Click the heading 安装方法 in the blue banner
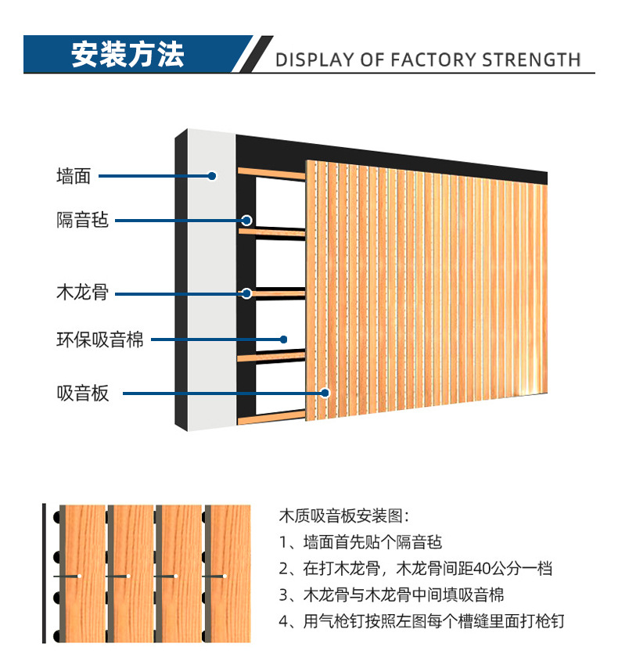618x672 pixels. tap(128, 54)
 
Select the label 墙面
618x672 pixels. tap(74, 177)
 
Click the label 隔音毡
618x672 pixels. tap(82, 221)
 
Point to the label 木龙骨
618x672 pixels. tap(82, 294)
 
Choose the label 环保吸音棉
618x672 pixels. tap(100, 340)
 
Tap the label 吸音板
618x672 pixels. tap(82, 393)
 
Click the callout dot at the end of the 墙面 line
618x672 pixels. tap(211, 177)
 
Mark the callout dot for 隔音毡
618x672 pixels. tap(246, 221)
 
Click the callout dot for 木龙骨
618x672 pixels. tap(246, 294)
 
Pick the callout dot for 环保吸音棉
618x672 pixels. tap(285, 340)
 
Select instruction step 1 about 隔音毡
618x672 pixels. tap(360, 542)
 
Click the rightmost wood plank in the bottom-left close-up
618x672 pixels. tap(230, 573)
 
